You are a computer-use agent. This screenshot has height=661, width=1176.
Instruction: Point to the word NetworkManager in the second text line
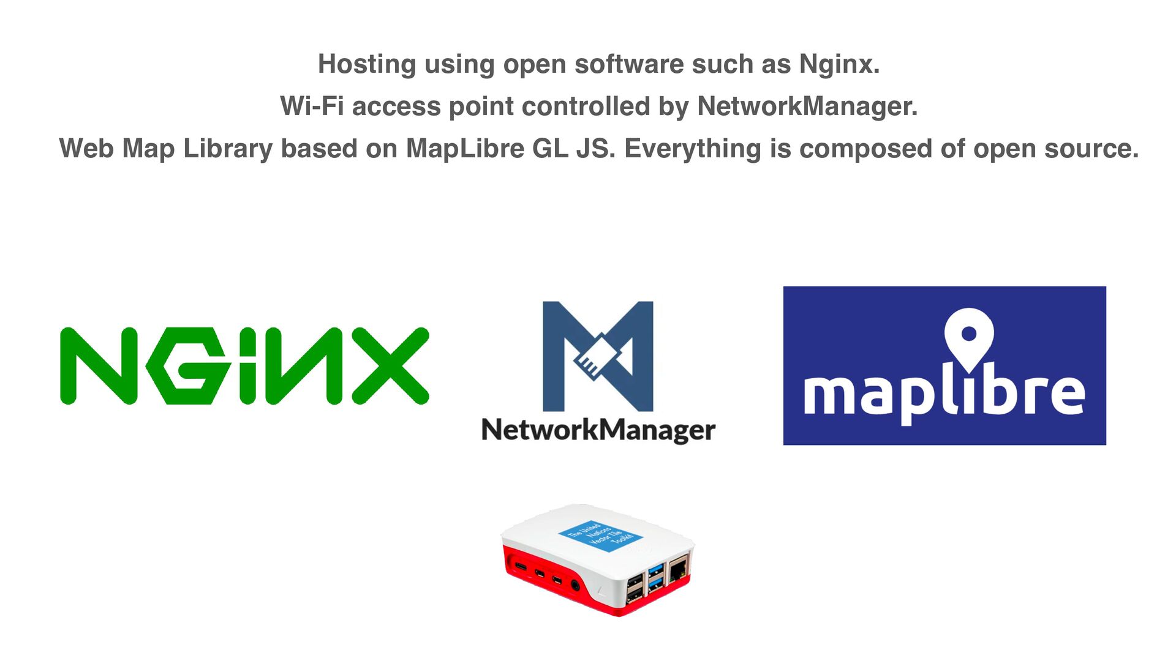click(807, 106)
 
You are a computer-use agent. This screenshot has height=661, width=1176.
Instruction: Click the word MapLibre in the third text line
click(465, 149)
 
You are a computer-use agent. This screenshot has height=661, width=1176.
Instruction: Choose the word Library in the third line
click(228, 149)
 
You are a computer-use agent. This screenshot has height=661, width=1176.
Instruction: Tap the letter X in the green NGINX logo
click(391, 366)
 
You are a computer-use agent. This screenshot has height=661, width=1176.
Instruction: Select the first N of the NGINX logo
click(99, 366)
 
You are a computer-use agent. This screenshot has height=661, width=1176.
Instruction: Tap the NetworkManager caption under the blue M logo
click(598, 430)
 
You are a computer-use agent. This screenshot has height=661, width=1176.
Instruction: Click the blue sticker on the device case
click(600, 536)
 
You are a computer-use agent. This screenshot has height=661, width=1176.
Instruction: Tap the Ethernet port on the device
click(678, 570)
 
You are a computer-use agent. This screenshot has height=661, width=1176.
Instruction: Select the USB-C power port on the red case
click(520, 566)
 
